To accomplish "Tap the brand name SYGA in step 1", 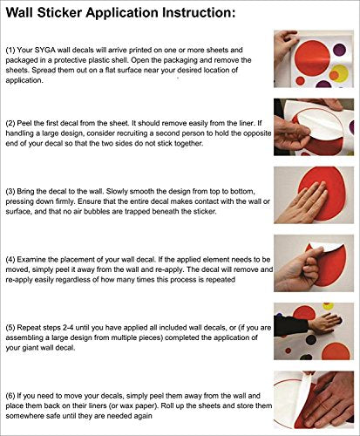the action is click(45, 50).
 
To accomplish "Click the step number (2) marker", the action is click(10, 123).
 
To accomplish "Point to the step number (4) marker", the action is click(10, 260).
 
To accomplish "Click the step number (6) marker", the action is click(10, 396).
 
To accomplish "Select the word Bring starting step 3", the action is click(26, 192).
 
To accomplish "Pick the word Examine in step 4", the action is click(32, 260).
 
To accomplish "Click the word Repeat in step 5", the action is click(29, 328).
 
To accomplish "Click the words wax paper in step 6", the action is click(139, 405).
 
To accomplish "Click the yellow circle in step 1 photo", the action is click(339, 74).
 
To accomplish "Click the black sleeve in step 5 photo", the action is click(290, 326).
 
